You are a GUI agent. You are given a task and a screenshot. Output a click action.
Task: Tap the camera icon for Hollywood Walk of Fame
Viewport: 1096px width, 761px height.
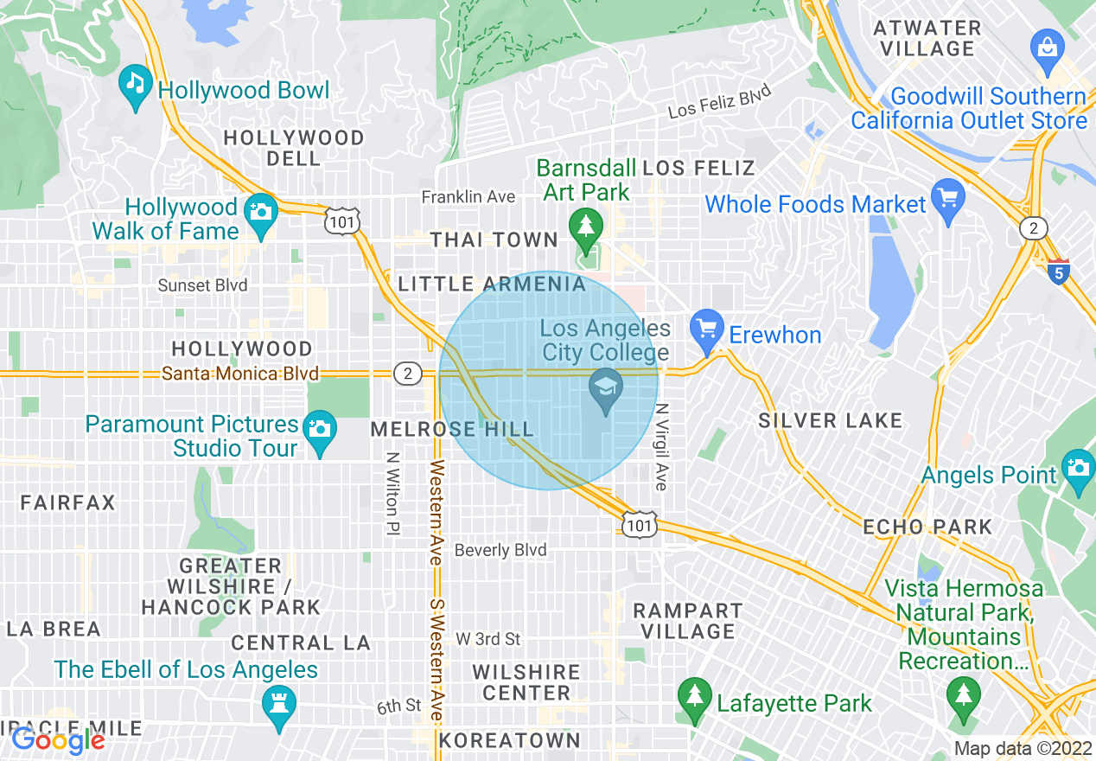point(259,211)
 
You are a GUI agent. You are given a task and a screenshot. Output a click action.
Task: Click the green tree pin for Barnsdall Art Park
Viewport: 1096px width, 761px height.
point(586,227)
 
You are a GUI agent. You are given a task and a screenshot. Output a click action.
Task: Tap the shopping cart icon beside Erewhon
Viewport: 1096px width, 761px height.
point(707,329)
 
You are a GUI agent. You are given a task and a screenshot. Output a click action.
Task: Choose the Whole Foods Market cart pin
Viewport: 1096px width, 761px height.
point(948,197)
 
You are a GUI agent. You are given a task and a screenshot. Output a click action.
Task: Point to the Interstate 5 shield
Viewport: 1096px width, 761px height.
point(1058,271)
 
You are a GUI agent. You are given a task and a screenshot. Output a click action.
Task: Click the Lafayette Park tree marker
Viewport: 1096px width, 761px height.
point(693,696)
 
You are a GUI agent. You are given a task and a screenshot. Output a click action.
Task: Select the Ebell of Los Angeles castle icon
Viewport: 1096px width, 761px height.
point(278,701)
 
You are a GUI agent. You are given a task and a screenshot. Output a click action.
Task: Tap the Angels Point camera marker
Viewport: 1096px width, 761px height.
point(1078,467)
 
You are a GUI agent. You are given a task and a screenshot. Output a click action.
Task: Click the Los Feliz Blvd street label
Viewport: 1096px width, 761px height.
point(719,102)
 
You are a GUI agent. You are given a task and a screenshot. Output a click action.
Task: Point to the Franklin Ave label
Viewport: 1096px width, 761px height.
point(468,197)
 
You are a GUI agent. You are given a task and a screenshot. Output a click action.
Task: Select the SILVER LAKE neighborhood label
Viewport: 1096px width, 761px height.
point(830,421)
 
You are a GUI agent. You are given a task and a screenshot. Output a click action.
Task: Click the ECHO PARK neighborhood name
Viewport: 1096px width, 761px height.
point(927,527)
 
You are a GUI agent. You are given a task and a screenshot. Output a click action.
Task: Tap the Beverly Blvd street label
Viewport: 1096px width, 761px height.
point(500,550)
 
